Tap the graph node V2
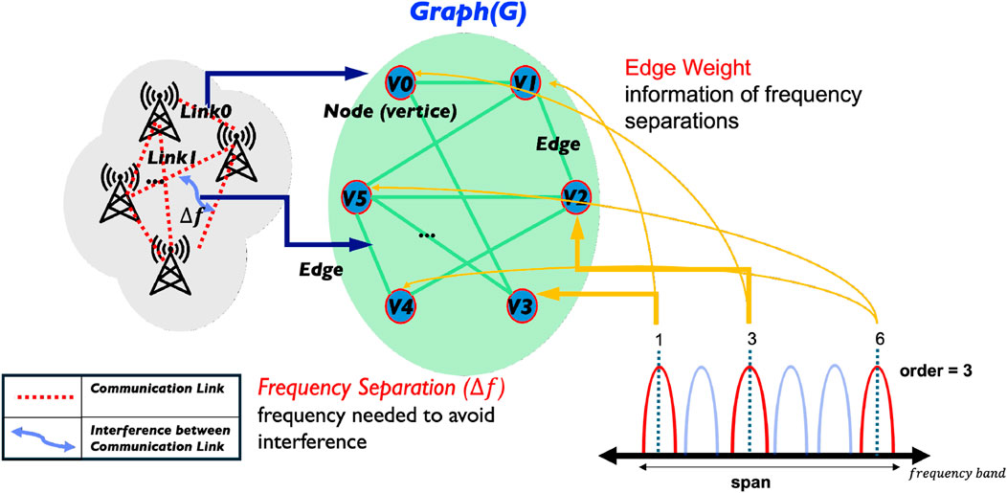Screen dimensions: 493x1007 575,197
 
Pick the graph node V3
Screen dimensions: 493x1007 520,306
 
